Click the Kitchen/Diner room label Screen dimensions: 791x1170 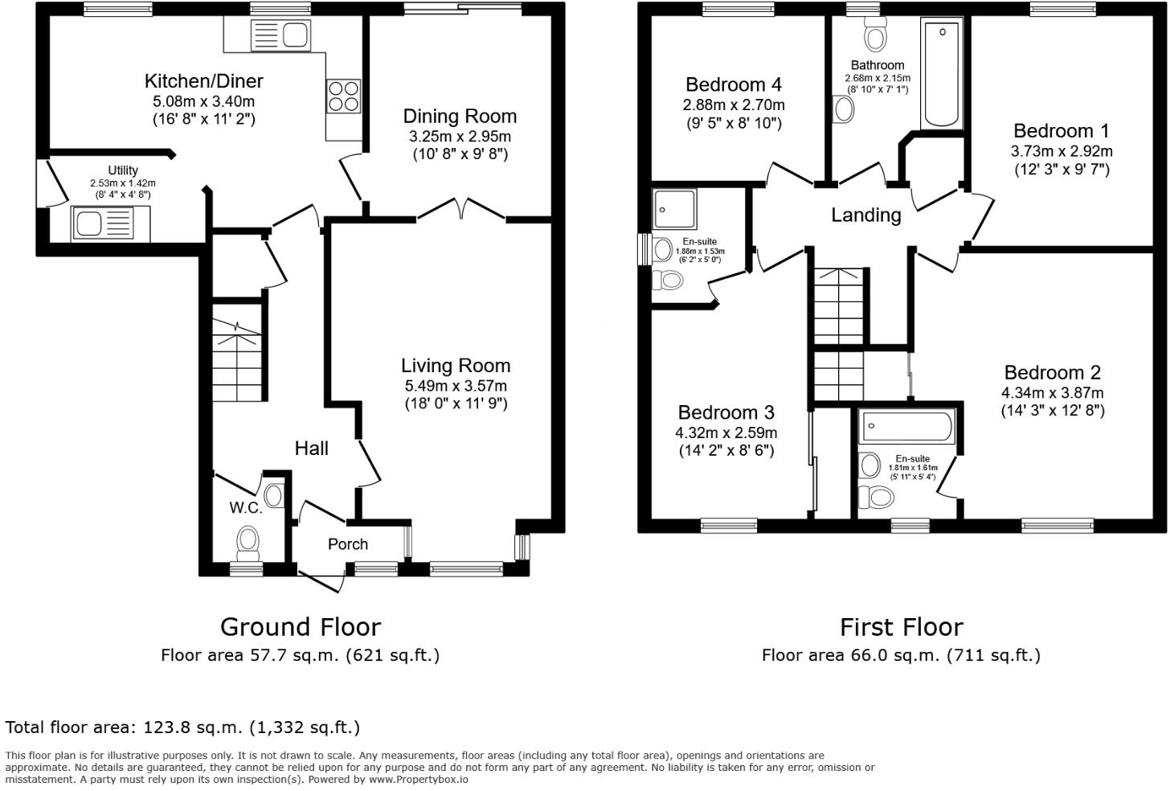[203, 81]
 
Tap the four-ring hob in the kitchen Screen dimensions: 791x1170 [343, 97]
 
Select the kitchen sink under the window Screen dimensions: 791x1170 [280, 35]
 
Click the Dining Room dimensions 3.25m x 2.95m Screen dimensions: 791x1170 [460, 137]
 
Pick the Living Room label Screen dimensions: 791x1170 [456, 366]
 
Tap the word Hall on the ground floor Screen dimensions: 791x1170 [311, 449]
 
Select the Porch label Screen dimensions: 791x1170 [348, 544]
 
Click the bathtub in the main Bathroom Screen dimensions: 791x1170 [942, 74]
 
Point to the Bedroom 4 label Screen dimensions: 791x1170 [734, 85]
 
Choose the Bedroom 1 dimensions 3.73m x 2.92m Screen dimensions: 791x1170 [1062, 151]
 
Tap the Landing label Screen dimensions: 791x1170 [865, 215]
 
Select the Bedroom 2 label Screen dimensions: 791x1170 [1052, 373]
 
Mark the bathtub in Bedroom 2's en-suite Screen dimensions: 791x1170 [906, 426]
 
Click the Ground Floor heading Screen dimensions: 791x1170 [301, 627]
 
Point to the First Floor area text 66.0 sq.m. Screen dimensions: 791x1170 [901, 655]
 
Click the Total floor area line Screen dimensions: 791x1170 [182, 727]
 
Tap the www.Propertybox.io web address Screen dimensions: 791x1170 [418, 779]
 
